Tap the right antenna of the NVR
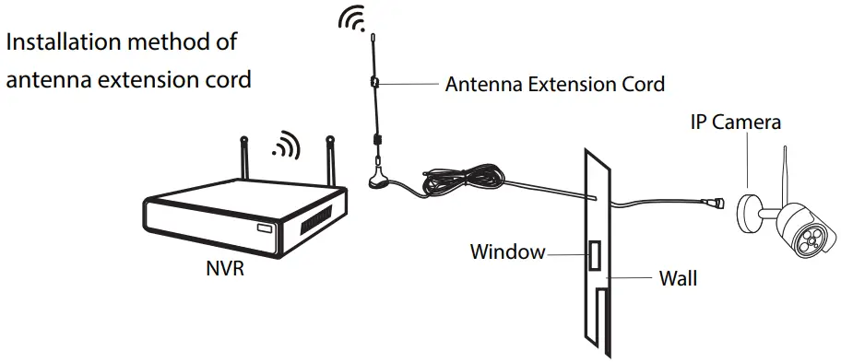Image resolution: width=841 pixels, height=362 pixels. point(328,161)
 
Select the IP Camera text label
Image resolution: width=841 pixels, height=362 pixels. point(735,122)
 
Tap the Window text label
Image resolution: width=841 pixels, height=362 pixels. point(507,251)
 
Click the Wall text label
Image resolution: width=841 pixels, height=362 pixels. point(678,276)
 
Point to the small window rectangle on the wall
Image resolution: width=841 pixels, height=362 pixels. point(596,255)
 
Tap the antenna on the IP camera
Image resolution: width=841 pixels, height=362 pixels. point(786,175)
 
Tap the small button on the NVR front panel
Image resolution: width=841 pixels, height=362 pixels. point(265,227)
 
